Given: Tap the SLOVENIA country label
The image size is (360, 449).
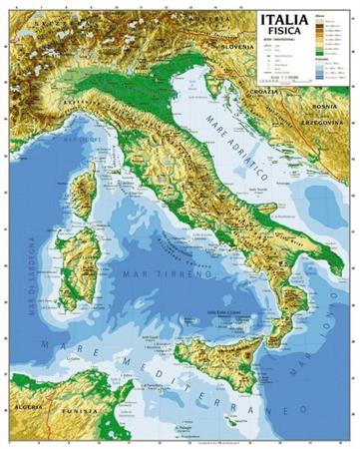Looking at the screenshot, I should [238, 47].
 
